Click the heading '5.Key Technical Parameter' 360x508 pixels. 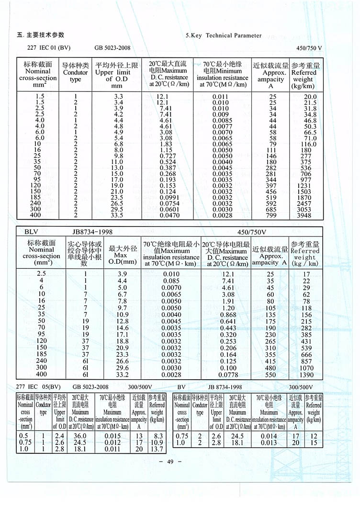click(x=224, y=35)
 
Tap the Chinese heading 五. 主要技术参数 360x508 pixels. click(x=41, y=35)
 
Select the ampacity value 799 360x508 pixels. click(x=271, y=215)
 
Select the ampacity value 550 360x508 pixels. click(x=270, y=375)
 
